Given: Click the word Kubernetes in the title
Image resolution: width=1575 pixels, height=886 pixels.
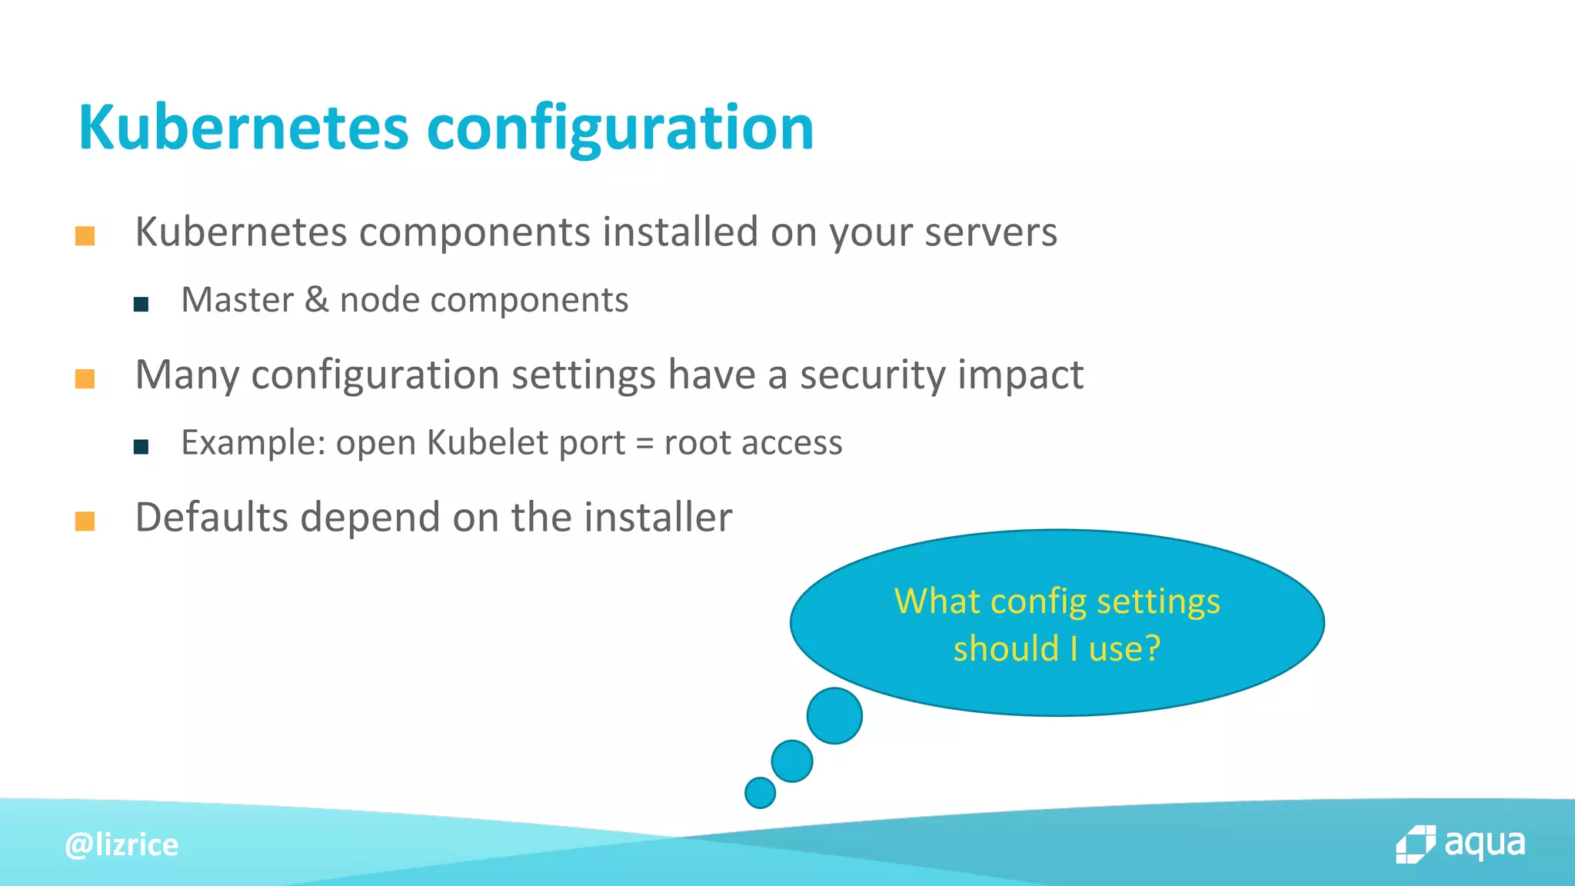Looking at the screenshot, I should pos(243,128).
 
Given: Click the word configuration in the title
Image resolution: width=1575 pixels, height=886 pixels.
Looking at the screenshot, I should pos(620,129).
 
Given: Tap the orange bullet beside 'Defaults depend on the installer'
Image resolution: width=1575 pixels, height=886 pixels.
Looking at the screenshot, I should pos(85,521).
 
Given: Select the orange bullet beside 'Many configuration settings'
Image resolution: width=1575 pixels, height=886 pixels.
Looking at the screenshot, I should pos(85,378).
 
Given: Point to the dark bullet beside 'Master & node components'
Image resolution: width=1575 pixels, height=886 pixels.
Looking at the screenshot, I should pos(141,305).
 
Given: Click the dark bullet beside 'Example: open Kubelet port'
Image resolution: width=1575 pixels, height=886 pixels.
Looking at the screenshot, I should pos(141,447).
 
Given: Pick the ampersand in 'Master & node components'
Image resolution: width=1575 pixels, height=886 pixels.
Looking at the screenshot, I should pos(316,300).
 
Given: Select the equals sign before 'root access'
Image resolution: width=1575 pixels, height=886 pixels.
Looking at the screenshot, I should pos(644,444).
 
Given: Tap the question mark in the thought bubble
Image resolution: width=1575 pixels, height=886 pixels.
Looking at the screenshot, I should pos(1152,648).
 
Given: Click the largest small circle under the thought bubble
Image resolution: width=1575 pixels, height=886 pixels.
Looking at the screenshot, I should pos(834,716).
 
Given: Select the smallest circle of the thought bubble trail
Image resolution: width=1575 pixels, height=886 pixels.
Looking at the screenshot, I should pos(760,793).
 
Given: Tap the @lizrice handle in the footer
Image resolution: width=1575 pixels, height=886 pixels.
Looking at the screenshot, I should pos(122,845).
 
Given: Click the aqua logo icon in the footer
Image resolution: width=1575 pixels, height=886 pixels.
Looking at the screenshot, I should pos(1415,845).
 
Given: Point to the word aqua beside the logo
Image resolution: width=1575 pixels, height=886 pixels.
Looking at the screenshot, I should pos(1484,844).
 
